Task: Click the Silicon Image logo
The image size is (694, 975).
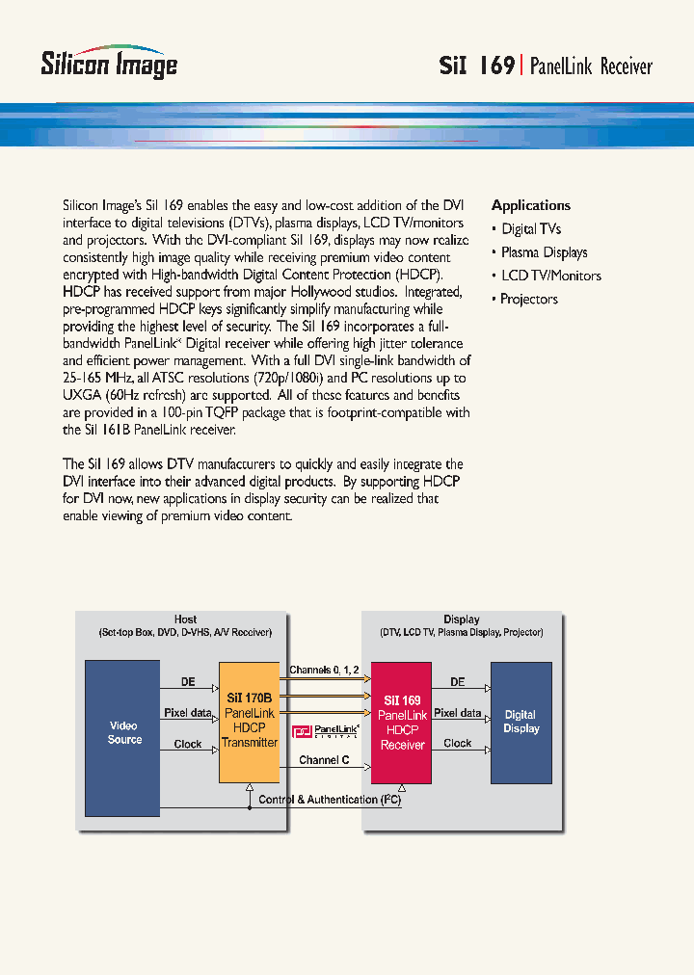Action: coord(109,63)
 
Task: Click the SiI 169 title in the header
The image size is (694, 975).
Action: coord(476,66)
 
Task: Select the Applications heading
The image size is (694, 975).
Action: coord(530,205)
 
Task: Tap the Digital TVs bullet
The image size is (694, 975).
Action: coord(530,229)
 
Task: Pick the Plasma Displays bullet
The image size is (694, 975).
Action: coord(544,252)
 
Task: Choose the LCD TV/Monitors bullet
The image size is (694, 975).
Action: coord(550,276)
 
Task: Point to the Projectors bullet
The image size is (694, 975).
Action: coord(528,299)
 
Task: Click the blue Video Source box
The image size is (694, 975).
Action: coord(123,732)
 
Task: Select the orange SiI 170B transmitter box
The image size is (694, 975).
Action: coord(249,722)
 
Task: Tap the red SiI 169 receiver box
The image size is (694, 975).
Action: coord(402,722)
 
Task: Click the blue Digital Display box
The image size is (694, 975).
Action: coord(520,722)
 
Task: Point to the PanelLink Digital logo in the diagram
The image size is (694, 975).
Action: coord(326,731)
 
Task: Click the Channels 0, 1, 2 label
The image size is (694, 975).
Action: coord(324,670)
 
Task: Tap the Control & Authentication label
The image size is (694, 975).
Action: coord(331,800)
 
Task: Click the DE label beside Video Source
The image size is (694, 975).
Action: coord(188,682)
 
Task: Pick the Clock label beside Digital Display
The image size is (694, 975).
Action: coord(457,744)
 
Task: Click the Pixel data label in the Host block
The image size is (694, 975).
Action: coord(188,713)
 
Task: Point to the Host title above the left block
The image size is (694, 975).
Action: coord(185,619)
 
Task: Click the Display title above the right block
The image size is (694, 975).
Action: coord(462,619)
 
